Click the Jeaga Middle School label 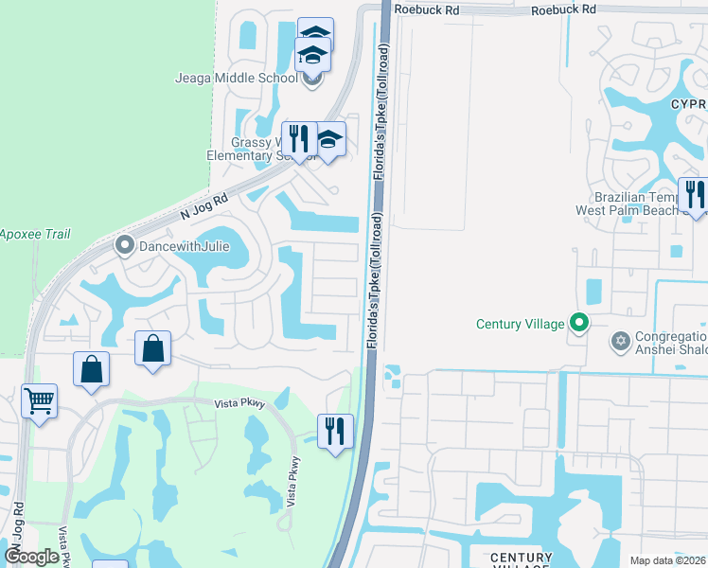236,78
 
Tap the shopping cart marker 39,401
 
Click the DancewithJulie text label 186,246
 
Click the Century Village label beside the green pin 520,324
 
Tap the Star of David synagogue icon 621,341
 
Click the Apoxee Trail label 34,234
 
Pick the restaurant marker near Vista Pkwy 335,432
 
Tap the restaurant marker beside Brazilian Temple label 694,196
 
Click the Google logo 31,557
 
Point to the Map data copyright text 667,560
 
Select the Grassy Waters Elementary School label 246,150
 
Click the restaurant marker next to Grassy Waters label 299,139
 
